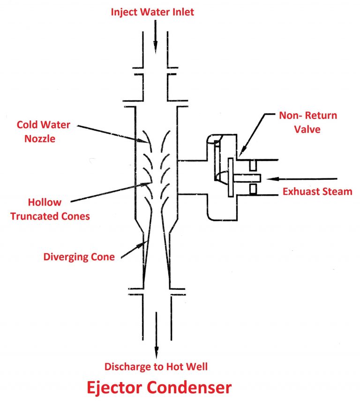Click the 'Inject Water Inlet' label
pyautogui.click(x=152, y=12)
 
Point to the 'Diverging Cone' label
pyautogui.click(x=79, y=257)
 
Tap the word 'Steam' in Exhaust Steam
pyautogui.click(x=337, y=191)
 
